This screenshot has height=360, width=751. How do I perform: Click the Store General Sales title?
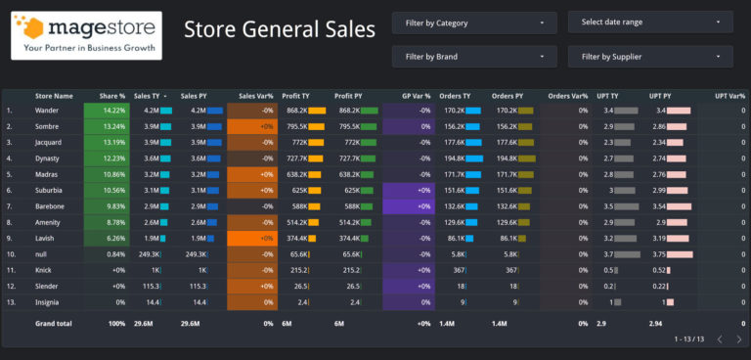tap(280, 29)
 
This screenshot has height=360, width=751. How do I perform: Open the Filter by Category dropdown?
tap(474, 22)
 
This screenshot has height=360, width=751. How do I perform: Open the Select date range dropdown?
tap(650, 22)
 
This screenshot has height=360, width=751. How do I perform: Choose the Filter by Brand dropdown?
tap(474, 57)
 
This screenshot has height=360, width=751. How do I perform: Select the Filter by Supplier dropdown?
tap(650, 57)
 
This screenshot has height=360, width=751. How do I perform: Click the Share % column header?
tap(112, 96)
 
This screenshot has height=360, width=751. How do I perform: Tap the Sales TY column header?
tap(150, 96)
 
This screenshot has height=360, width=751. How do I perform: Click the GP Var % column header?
tap(416, 96)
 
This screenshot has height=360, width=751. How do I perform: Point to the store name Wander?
tap(48, 111)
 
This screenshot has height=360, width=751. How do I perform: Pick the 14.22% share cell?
tap(112, 111)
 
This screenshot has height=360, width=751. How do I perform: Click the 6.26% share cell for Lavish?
tap(114, 238)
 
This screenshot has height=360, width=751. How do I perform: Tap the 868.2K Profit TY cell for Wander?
tap(297, 111)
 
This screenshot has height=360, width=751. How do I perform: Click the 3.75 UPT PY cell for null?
tap(660, 254)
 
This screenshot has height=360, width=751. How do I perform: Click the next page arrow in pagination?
tap(738, 339)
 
